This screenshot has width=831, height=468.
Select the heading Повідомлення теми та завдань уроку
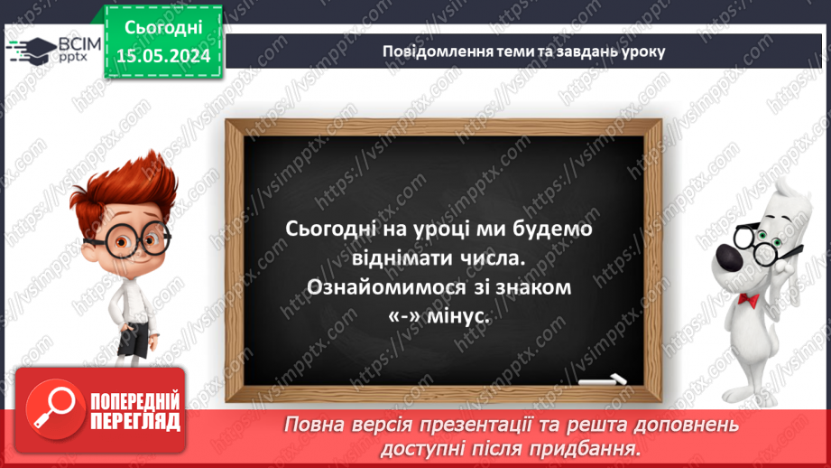pos(524,51)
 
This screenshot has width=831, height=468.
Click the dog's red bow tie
pos(748,298)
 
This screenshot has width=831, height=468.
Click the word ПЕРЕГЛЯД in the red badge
pos(135,420)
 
